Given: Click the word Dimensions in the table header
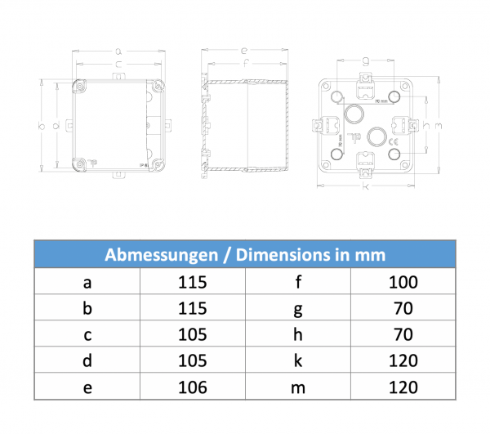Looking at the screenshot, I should click(x=280, y=255).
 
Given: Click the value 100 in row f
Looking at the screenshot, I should click(x=403, y=283).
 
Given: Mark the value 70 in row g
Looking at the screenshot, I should click(x=403, y=309).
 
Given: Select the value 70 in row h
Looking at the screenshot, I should click(x=403, y=335).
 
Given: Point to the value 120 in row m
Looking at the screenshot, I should click(x=403, y=387).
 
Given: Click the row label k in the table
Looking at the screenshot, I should click(x=297, y=360).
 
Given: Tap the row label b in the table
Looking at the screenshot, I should click(x=87, y=309).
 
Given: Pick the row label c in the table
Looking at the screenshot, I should click(x=87, y=335).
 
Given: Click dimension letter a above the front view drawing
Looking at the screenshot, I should click(x=119, y=49).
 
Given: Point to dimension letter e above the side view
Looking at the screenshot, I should click(x=244, y=50).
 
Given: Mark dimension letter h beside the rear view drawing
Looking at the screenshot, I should click(x=425, y=124).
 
